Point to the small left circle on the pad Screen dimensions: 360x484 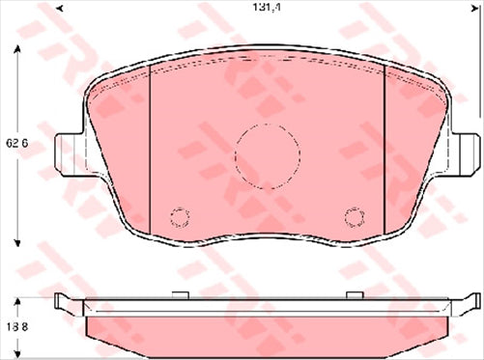178,216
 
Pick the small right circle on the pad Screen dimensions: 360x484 354,216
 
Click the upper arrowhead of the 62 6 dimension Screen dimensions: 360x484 20,52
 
